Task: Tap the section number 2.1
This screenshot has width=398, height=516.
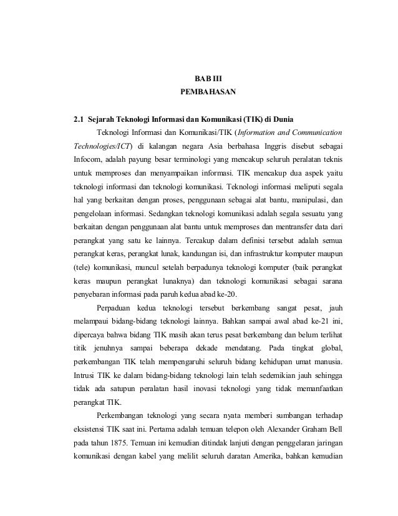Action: coord(78,119)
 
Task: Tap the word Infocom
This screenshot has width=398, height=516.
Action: coord(88,159)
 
